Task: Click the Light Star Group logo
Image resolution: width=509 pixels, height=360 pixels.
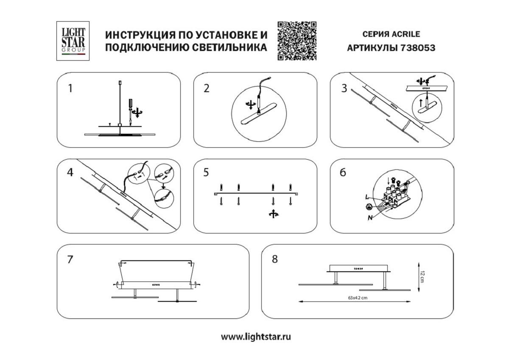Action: (73, 40)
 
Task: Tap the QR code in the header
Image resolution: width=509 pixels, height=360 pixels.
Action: (297, 40)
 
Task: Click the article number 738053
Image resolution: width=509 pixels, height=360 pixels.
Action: (417, 48)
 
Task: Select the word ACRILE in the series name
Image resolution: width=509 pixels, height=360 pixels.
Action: (406, 34)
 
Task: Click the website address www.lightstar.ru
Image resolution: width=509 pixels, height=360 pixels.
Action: (256, 337)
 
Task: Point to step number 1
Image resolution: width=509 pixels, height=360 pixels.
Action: (70, 89)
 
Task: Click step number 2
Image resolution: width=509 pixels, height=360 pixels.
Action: (207, 89)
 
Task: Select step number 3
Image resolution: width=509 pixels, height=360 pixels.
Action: (344, 89)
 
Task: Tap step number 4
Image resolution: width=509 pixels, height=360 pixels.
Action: (70, 172)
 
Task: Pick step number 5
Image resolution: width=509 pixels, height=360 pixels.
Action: (207, 172)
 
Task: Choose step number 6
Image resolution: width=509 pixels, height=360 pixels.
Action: (343, 172)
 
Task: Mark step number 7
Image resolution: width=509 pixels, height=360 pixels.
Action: (70, 259)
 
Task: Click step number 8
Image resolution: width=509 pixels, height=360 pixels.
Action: (274, 259)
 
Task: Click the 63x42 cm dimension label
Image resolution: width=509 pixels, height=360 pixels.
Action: (354, 298)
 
